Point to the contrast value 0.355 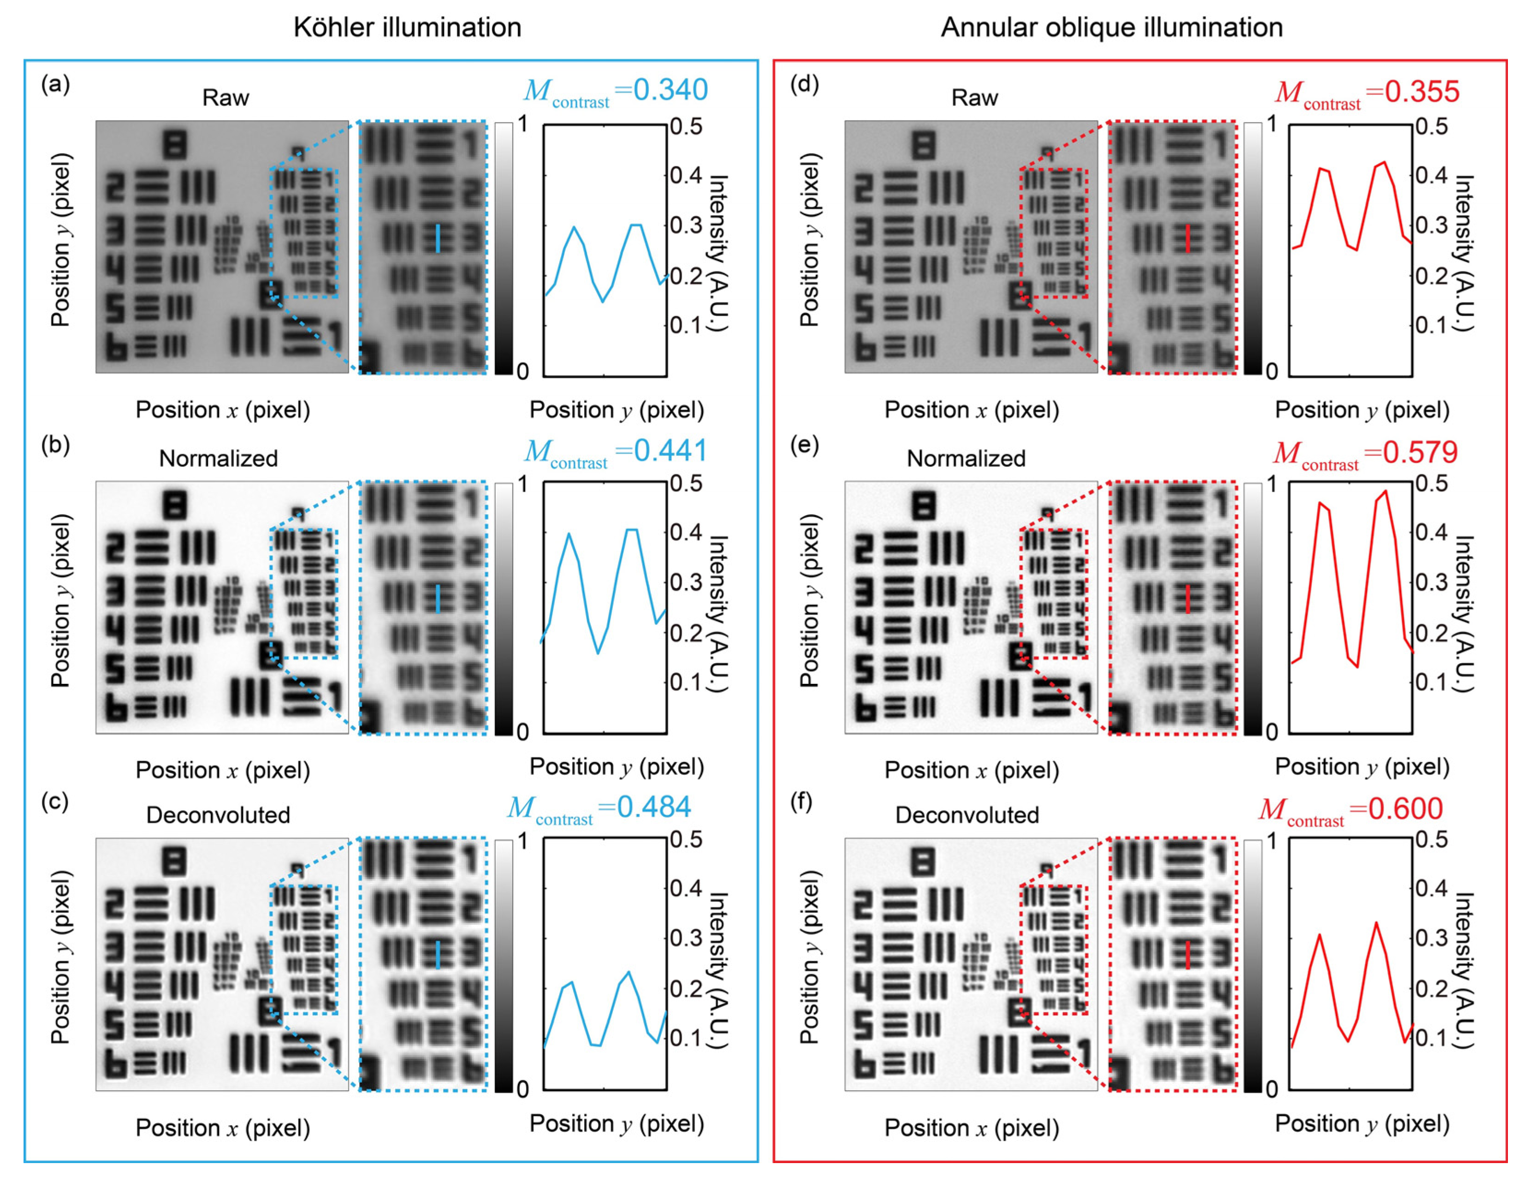click(1422, 92)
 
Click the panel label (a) click(55, 84)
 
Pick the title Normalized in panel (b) click(219, 459)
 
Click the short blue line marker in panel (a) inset click(438, 238)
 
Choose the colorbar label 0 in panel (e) click(1271, 732)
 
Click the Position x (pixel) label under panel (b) click(223, 770)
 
